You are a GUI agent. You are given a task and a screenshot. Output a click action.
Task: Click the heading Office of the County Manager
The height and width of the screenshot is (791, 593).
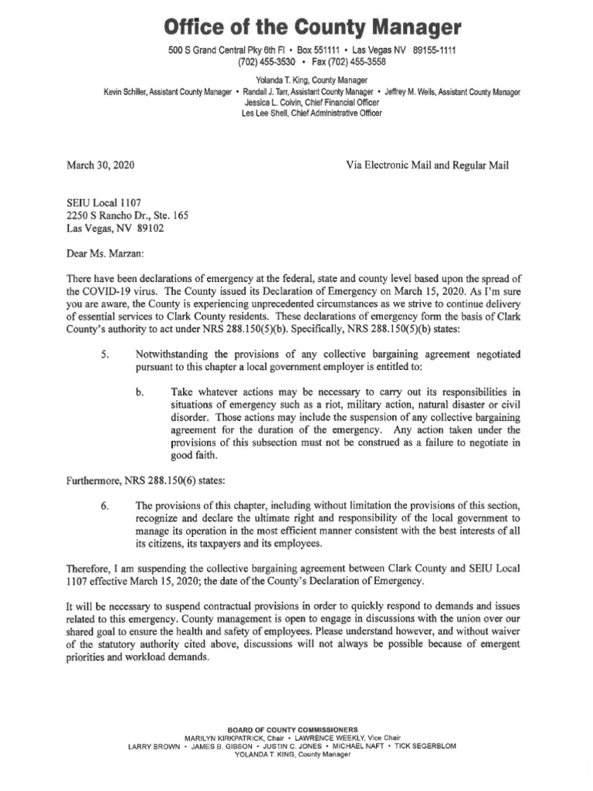coord(312,28)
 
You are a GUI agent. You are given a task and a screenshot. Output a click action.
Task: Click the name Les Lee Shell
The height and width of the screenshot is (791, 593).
coord(267,113)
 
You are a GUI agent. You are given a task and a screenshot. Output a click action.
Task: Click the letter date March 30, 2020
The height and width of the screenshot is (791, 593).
coord(100,165)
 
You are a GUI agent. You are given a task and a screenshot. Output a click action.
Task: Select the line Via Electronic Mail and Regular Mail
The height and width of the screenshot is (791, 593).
coord(429,165)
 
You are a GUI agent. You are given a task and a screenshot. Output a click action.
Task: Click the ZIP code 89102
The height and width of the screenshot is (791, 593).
coord(147,228)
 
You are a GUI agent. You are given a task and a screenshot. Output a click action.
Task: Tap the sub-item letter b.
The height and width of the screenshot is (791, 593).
coord(140,392)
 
